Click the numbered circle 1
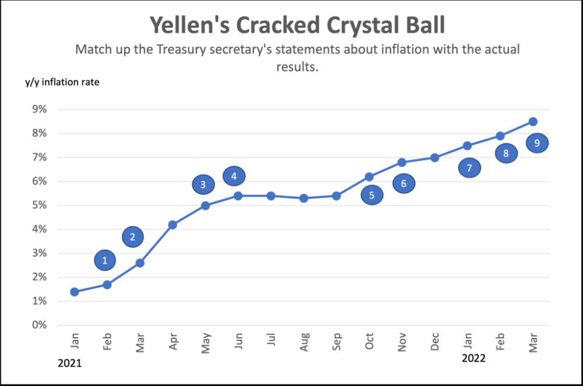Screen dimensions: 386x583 [x=105, y=260]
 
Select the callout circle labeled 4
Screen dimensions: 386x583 [x=234, y=175]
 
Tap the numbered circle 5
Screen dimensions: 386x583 [x=372, y=195]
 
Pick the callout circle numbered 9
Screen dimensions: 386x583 [x=537, y=143]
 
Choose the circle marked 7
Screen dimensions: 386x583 [x=469, y=168]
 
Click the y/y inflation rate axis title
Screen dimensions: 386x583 [x=62, y=82]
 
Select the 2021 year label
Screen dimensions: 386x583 [x=70, y=363]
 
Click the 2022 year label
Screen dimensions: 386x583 [x=473, y=358]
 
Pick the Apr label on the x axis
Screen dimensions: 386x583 [x=173, y=342]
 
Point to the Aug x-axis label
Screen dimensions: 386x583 [x=304, y=342]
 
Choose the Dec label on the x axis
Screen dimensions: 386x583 [x=435, y=342]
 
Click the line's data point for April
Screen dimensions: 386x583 [x=173, y=224]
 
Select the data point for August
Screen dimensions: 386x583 [x=304, y=198]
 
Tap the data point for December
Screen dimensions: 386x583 [x=435, y=157]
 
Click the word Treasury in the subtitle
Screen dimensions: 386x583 [x=183, y=49]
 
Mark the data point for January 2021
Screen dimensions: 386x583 [x=75, y=292]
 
